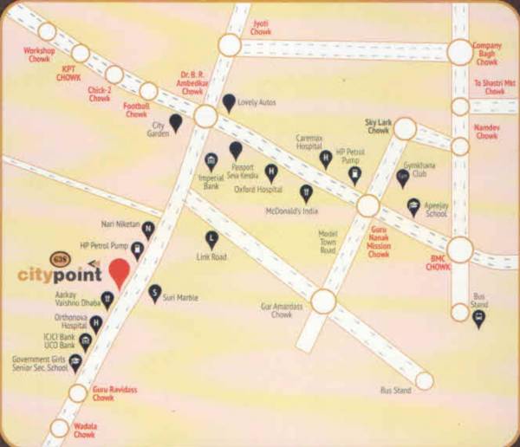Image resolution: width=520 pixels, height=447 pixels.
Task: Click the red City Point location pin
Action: (119, 272)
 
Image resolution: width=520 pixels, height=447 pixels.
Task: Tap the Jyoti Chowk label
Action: (261, 26)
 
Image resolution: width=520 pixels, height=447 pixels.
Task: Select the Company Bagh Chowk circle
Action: (460, 52)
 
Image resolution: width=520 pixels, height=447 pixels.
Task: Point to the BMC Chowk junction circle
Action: (459, 250)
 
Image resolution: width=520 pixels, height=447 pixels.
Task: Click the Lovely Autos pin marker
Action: (229, 103)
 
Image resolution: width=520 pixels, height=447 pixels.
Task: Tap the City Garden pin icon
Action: (176, 122)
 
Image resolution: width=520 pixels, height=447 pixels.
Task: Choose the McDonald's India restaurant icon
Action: (306, 191)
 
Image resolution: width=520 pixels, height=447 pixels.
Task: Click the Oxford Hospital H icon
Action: (271, 172)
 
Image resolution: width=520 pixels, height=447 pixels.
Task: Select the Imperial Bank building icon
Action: (211, 162)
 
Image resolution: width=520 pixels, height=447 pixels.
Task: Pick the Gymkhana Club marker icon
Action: (402, 178)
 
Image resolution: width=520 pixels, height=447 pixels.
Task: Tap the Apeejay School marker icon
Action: (413, 207)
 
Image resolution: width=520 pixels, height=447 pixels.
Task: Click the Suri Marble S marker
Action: (155, 293)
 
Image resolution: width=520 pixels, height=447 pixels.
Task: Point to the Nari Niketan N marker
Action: (148, 230)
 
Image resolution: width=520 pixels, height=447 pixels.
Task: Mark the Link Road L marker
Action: (211, 239)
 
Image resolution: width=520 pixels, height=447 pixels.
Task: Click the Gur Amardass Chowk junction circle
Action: (323, 301)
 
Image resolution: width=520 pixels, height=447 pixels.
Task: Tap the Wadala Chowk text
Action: (85, 430)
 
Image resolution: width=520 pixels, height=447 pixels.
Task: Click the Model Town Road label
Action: (328, 243)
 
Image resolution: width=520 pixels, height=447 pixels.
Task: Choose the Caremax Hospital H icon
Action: (326, 159)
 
